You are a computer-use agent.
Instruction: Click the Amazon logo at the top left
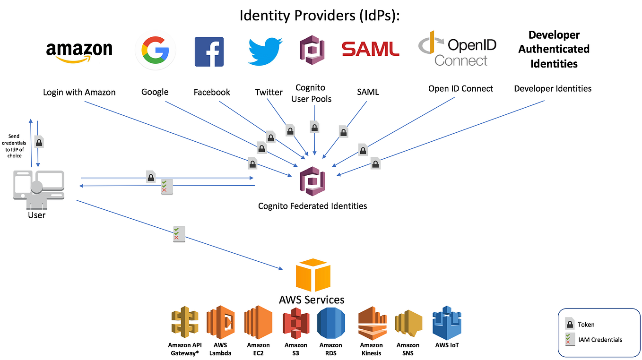point(79,51)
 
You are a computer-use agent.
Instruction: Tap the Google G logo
point(155,50)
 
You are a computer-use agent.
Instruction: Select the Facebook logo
point(209,51)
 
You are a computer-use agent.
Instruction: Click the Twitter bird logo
point(265,51)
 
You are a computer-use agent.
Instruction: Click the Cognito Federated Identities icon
point(312,180)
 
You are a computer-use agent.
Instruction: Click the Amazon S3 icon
point(295,323)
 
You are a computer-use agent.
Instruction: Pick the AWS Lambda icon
point(220,322)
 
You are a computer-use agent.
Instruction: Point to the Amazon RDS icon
point(330,323)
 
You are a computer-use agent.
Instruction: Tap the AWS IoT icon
point(447,322)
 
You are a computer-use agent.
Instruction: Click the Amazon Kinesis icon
point(371,323)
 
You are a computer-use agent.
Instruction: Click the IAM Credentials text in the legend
point(600,340)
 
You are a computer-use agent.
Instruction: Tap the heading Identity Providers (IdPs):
point(320,15)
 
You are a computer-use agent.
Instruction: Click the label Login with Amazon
point(79,92)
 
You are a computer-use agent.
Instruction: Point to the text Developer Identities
point(553,88)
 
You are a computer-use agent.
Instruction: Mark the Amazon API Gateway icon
point(183,322)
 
